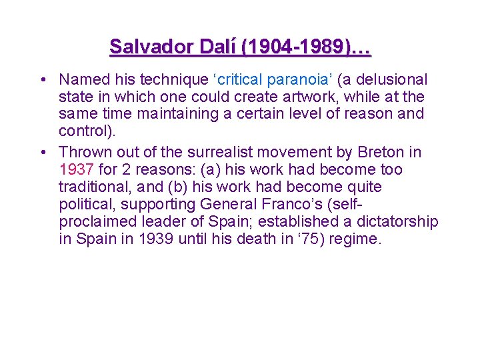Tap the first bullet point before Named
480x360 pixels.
click(42, 81)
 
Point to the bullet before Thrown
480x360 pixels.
click(42, 153)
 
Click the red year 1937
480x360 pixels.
click(76, 170)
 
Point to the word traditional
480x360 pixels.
click(91, 187)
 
